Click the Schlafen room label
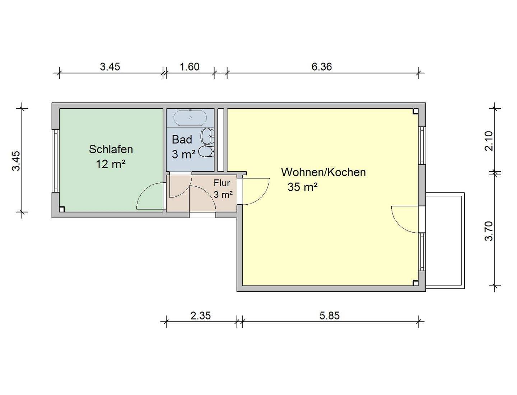[111, 149]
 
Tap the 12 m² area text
[110, 164]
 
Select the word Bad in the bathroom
[182, 139]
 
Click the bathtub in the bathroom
[190, 118]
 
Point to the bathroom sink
[207, 136]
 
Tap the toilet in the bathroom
[206, 152]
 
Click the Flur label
[222, 183]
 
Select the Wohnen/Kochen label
[323, 172]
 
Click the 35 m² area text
[302, 187]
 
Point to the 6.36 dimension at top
[321, 67]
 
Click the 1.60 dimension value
[189, 67]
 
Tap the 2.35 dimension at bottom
[200, 316]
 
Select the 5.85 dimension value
[329, 316]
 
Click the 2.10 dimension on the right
[489, 141]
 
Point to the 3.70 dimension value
[489, 231]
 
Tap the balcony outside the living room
[445, 240]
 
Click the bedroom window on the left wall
[56, 161]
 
